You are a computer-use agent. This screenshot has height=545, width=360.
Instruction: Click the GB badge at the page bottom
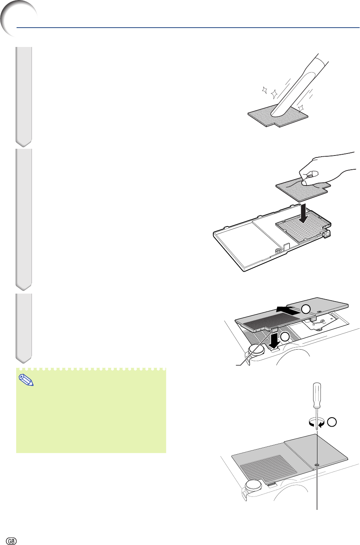click(11, 539)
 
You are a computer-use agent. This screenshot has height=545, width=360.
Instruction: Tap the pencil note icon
click(26, 380)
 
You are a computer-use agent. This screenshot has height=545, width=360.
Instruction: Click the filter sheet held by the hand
click(303, 189)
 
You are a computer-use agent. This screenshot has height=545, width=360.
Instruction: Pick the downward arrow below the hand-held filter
click(303, 214)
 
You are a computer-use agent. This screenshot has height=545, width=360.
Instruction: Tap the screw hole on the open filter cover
click(277, 251)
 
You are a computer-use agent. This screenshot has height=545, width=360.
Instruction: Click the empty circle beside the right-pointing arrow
click(306, 309)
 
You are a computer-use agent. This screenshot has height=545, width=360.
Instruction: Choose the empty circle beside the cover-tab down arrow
click(285, 337)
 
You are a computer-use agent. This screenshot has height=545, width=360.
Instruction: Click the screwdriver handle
click(317, 395)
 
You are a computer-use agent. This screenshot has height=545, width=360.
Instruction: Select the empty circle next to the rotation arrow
click(332, 422)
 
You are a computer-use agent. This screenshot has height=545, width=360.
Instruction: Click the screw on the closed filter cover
click(317, 465)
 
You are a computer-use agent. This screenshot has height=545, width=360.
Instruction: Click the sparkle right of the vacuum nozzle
click(301, 108)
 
